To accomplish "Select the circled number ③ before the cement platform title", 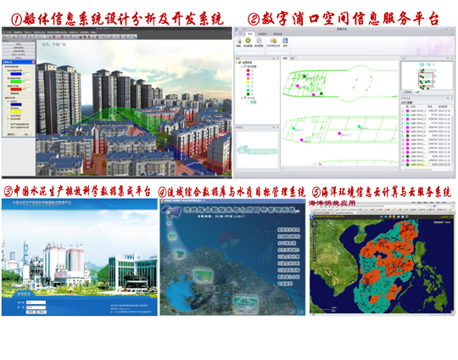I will tap(8, 192).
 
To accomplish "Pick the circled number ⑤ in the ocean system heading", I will tap(317, 192).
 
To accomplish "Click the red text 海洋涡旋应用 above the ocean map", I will tap(338, 205).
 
